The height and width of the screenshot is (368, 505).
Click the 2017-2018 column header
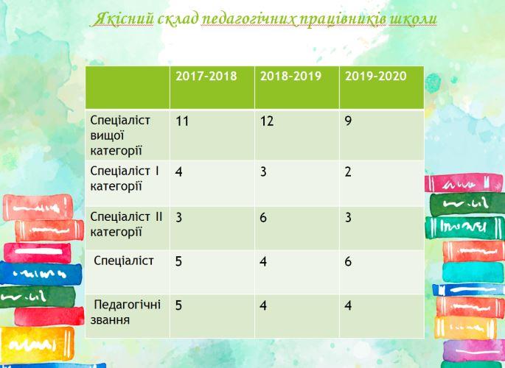(206, 76)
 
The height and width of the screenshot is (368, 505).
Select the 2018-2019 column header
(290, 76)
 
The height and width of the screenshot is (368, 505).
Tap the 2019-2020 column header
(376, 76)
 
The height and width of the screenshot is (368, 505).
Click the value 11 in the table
(182, 121)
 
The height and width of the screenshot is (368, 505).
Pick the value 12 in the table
(267, 121)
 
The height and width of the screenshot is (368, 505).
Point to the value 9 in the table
(348, 121)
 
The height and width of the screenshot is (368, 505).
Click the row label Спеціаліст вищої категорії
(120, 135)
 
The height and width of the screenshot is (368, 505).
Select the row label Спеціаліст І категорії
(125, 178)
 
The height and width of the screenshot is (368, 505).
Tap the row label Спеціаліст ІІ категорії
(126, 224)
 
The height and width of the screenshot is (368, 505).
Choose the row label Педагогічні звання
(125, 312)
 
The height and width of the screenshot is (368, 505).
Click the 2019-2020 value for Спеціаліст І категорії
(348, 172)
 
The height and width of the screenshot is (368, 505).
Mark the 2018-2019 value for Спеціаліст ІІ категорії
(263, 218)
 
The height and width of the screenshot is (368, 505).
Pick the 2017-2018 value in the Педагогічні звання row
(178, 305)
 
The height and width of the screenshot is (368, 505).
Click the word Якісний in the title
(123, 19)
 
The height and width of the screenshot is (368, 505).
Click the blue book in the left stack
(41, 274)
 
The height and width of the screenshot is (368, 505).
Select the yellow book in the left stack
(37, 344)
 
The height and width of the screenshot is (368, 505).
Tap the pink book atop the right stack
(464, 183)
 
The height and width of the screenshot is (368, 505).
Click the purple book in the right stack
(473, 350)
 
